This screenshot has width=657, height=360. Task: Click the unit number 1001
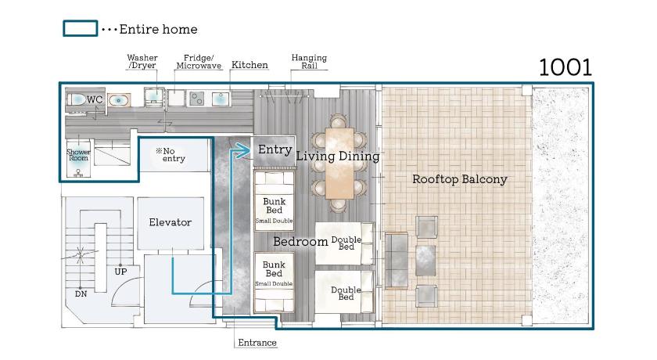click(x=565, y=67)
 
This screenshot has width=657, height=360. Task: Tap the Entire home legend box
click(x=81, y=28)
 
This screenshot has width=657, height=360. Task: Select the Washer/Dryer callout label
click(x=142, y=61)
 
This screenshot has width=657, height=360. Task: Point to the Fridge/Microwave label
click(x=199, y=62)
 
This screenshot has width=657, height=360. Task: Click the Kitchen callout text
click(x=250, y=64)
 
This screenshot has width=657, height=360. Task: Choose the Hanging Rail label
click(x=309, y=61)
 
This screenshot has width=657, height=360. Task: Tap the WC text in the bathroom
click(x=95, y=99)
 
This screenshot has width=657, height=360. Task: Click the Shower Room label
click(x=78, y=155)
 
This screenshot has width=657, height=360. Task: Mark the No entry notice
click(x=171, y=155)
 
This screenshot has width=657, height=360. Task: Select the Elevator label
click(x=171, y=222)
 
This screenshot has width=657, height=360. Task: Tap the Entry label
click(x=275, y=149)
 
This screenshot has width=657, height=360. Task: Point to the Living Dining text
click(x=338, y=157)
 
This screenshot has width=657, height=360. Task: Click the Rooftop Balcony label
click(x=460, y=179)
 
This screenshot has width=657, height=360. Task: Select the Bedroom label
click(x=300, y=241)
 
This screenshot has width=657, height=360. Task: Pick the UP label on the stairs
click(x=120, y=272)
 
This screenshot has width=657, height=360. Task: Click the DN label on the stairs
click(x=81, y=294)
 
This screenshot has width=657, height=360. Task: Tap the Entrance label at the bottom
click(x=257, y=343)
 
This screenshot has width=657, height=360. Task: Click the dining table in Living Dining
click(x=339, y=163)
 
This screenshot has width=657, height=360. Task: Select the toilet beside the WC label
click(x=76, y=99)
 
